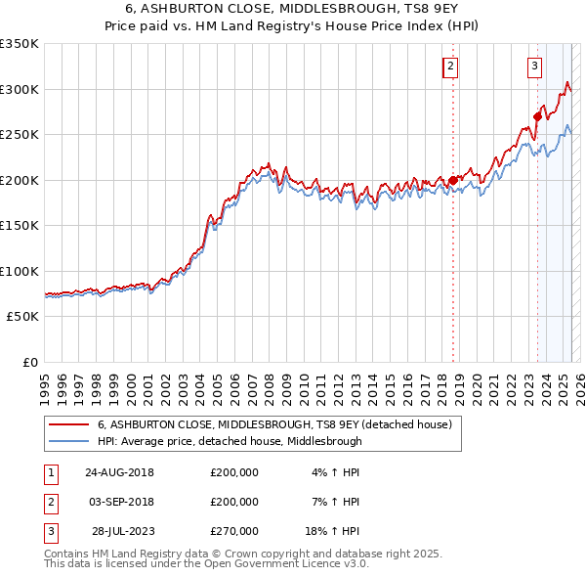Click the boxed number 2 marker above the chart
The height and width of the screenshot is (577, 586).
tap(450, 67)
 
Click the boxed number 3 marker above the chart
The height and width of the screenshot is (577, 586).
tap(535, 67)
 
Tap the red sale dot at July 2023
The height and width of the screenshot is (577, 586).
tap(537, 116)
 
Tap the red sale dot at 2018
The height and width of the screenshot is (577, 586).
tap(453, 180)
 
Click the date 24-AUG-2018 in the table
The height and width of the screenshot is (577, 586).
tap(119, 471)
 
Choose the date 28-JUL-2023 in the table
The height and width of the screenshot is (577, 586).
tap(119, 530)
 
